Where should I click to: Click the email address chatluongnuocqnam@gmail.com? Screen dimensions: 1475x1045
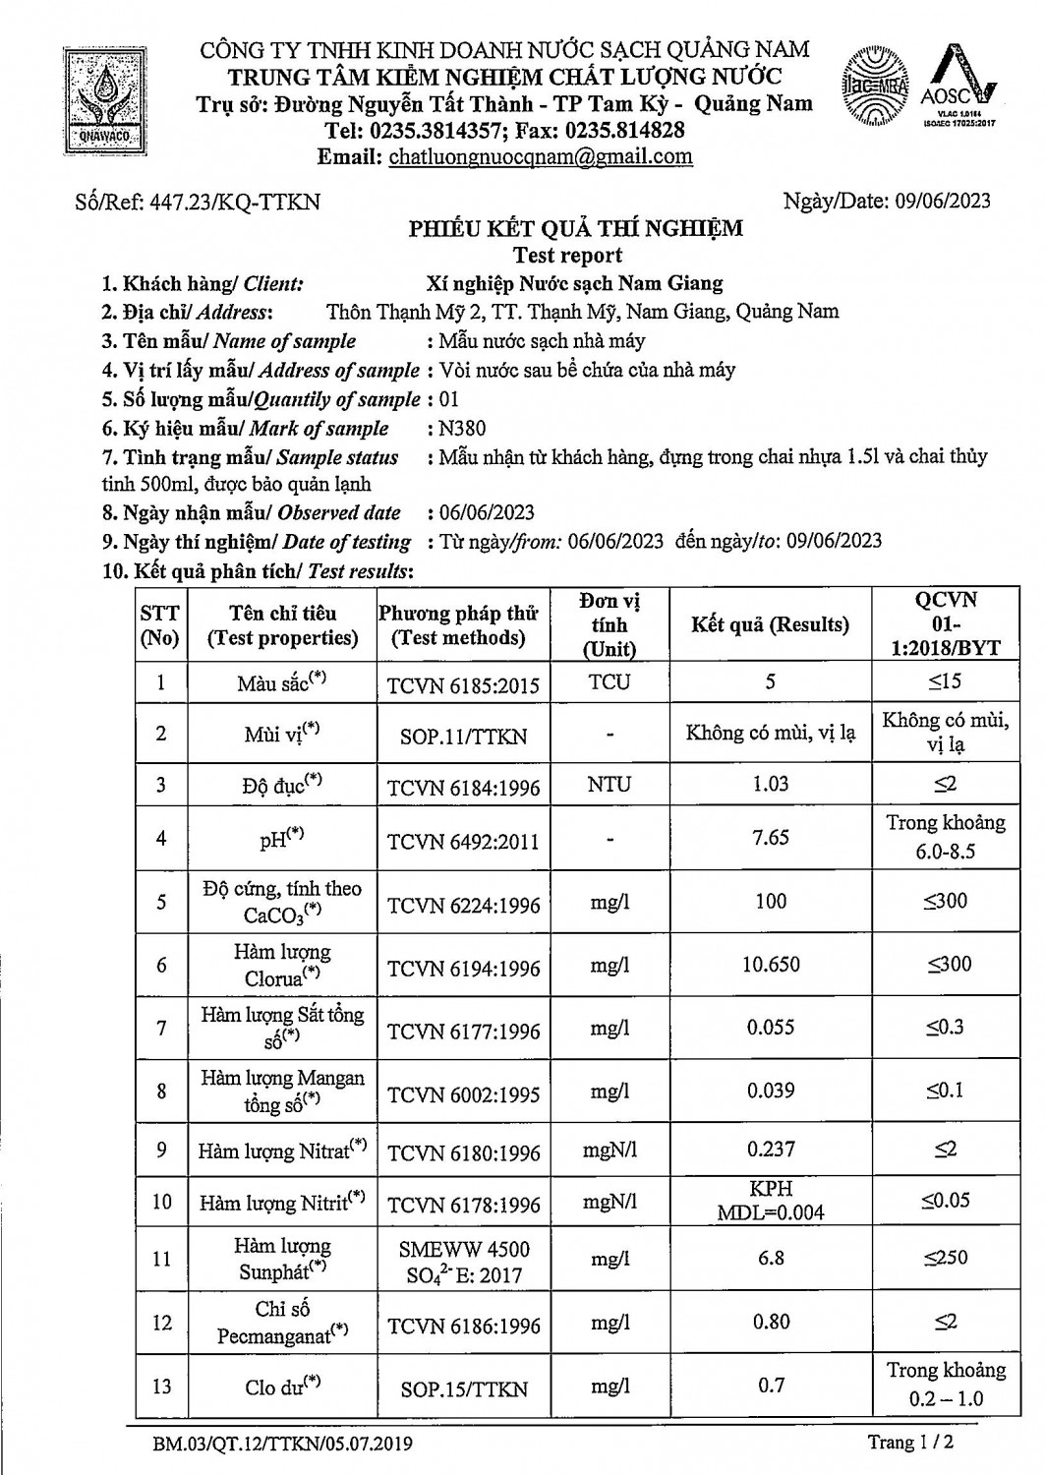click(x=541, y=156)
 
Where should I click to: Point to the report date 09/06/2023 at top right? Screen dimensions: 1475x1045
click(x=943, y=202)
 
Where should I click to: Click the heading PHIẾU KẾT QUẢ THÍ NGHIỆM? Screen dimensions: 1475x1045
click(x=576, y=229)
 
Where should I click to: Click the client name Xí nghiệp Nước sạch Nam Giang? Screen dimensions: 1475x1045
click(x=575, y=284)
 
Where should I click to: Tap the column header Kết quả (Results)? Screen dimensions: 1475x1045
click(x=770, y=624)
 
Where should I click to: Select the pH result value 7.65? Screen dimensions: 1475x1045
click(x=771, y=838)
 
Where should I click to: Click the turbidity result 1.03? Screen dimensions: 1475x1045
click(x=771, y=784)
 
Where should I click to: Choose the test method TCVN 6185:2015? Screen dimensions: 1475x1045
click(x=464, y=684)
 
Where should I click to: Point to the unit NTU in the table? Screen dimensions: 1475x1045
click(x=610, y=785)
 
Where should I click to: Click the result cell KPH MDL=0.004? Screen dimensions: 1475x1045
click(x=771, y=1201)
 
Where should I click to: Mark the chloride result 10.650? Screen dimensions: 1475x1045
click(x=771, y=965)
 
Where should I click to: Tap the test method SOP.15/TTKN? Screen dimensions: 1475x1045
click(x=464, y=1389)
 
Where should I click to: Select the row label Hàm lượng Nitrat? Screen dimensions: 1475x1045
click(x=281, y=1150)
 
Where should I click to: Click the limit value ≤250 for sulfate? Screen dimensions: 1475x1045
click(x=945, y=1258)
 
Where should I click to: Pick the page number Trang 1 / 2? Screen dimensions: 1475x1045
click(x=911, y=1443)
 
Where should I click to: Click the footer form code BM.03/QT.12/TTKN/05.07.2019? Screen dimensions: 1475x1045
click(x=283, y=1445)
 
